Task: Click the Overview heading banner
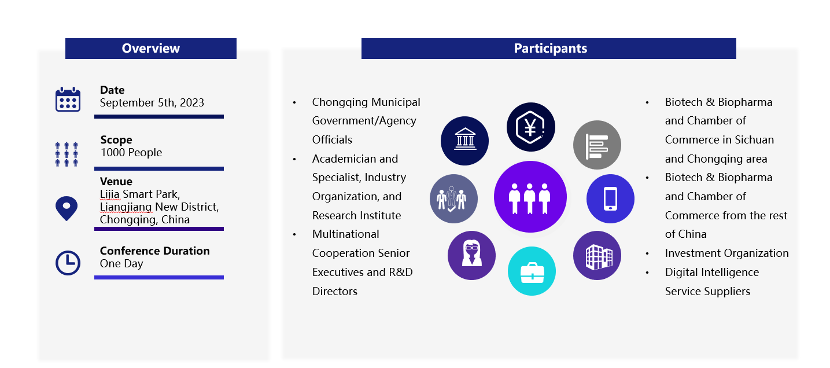click(151, 49)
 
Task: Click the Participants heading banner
click(549, 49)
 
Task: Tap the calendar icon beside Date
click(68, 100)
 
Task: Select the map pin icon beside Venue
click(67, 208)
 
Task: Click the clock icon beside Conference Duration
click(68, 263)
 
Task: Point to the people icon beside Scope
click(67, 154)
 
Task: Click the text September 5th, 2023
click(152, 102)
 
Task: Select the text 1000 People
click(131, 152)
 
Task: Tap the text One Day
click(121, 263)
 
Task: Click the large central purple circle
click(530, 197)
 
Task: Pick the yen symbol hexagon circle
click(531, 127)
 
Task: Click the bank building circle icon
click(464, 141)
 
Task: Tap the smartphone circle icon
click(610, 198)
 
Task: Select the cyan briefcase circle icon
click(532, 271)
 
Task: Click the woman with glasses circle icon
click(472, 255)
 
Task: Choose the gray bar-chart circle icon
click(597, 145)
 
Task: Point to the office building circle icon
click(597, 255)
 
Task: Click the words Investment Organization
click(726, 253)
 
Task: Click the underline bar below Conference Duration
click(159, 277)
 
